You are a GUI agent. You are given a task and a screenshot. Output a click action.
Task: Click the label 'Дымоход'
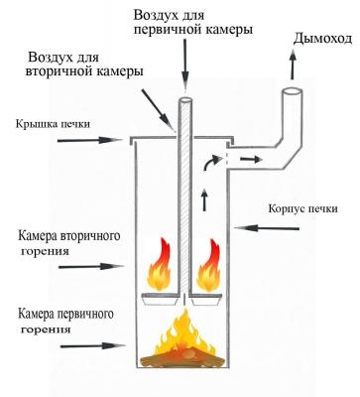[x=320, y=39]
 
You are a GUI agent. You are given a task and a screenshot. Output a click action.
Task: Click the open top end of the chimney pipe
[x=295, y=92]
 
